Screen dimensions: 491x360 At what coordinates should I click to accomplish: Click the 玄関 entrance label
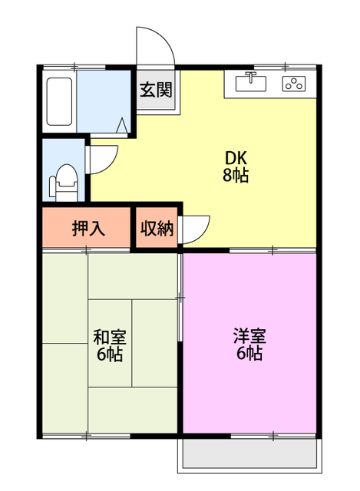coord(155,90)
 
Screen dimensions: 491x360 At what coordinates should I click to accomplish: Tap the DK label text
coord(235,157)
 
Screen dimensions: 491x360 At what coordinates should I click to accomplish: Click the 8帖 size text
coord(235,175)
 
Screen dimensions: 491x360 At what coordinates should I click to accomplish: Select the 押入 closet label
coord(88,228)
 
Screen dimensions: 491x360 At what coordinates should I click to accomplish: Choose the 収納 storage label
coord(157,228)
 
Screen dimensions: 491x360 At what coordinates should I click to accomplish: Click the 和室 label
coord(110,337)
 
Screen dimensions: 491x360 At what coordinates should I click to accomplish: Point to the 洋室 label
coord(249,336)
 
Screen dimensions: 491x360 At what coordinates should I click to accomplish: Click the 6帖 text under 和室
coord(110,354)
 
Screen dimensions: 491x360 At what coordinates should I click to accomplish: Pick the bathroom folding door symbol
coord(122,125)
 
